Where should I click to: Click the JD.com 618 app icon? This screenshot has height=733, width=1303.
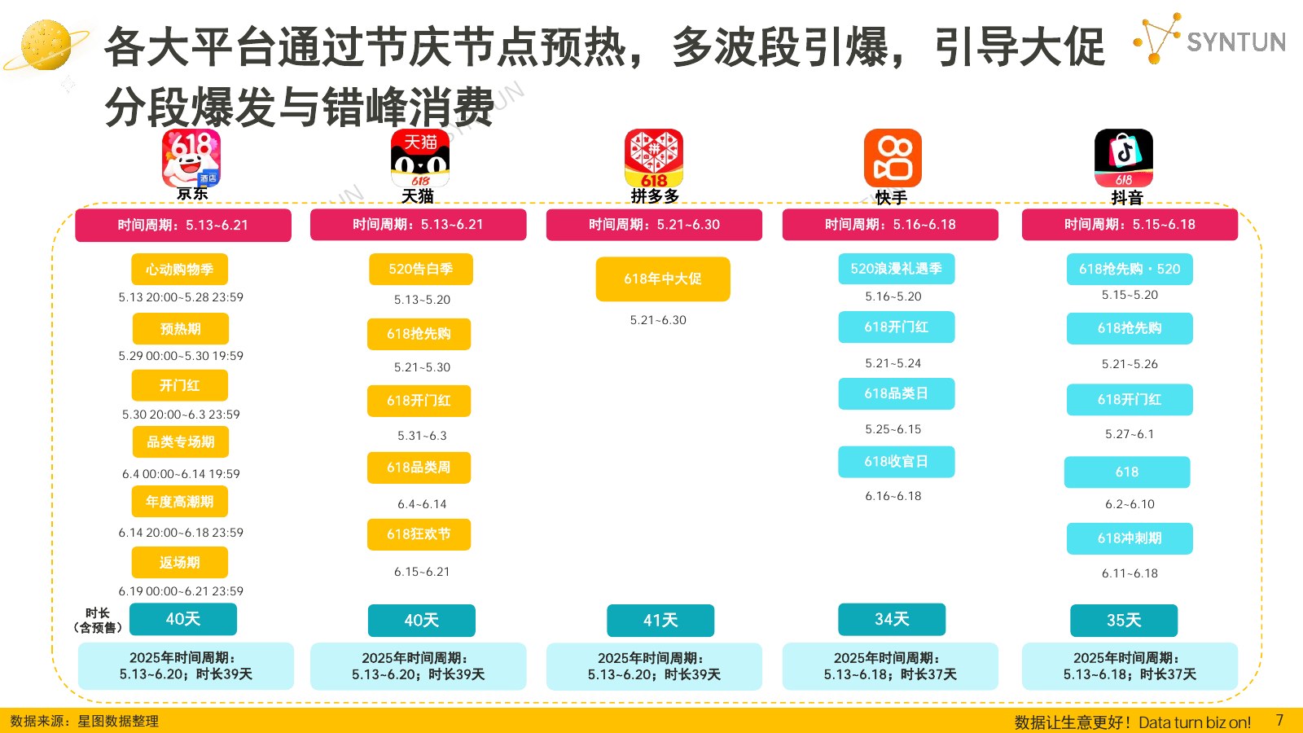(191, 158)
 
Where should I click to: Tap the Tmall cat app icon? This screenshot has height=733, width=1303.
(420, 158)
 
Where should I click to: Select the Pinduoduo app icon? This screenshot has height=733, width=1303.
(654, 158)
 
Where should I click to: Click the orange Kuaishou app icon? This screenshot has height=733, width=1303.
(893, 158)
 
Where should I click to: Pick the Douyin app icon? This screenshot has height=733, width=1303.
(1124, 158)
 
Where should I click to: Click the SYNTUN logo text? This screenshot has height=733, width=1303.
(1235, 42)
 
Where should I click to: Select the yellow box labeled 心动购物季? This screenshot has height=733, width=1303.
(179, 270)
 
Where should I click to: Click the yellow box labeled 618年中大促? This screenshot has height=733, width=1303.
(663, 279)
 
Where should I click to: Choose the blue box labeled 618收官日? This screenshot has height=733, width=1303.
(897, 461)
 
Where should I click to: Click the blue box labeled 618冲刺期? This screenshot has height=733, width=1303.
(1130, 538)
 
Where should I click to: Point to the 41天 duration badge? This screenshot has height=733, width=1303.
(660, 620)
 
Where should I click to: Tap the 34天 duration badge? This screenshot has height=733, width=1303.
(892, 619)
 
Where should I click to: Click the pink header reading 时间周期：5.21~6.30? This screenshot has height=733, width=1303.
(654, 225)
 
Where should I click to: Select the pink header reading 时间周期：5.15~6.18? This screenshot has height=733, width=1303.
(1130, 225)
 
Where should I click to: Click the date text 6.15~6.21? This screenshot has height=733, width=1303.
(422, 572)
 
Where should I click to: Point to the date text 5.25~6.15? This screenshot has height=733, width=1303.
(893, 429)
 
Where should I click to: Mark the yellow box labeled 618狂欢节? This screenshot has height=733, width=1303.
(419, 534)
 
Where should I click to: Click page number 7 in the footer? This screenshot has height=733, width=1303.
(1279, 720)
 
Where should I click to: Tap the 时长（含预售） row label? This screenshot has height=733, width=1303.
(97, 620)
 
